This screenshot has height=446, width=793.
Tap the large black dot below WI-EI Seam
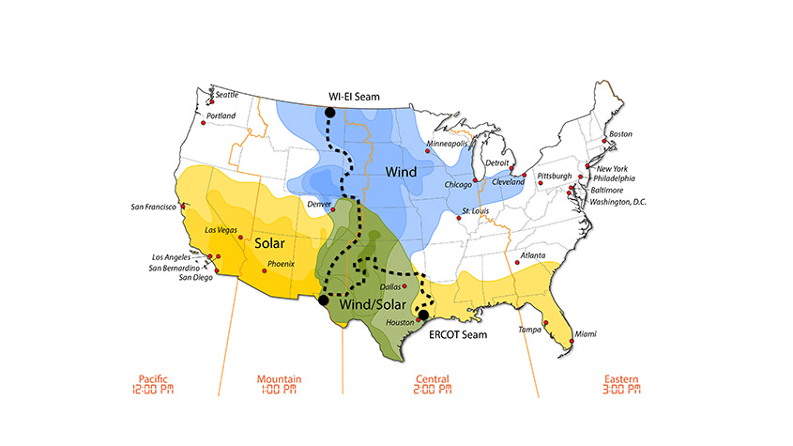329,113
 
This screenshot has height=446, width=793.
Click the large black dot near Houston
423,315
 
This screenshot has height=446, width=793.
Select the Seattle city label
227,95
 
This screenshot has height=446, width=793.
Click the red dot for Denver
332,210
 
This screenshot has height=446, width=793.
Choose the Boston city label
620,134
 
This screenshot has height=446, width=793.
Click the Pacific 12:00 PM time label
155,384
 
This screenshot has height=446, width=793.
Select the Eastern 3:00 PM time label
622,384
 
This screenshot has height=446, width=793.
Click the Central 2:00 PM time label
433,384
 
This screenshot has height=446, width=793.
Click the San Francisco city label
152,207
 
